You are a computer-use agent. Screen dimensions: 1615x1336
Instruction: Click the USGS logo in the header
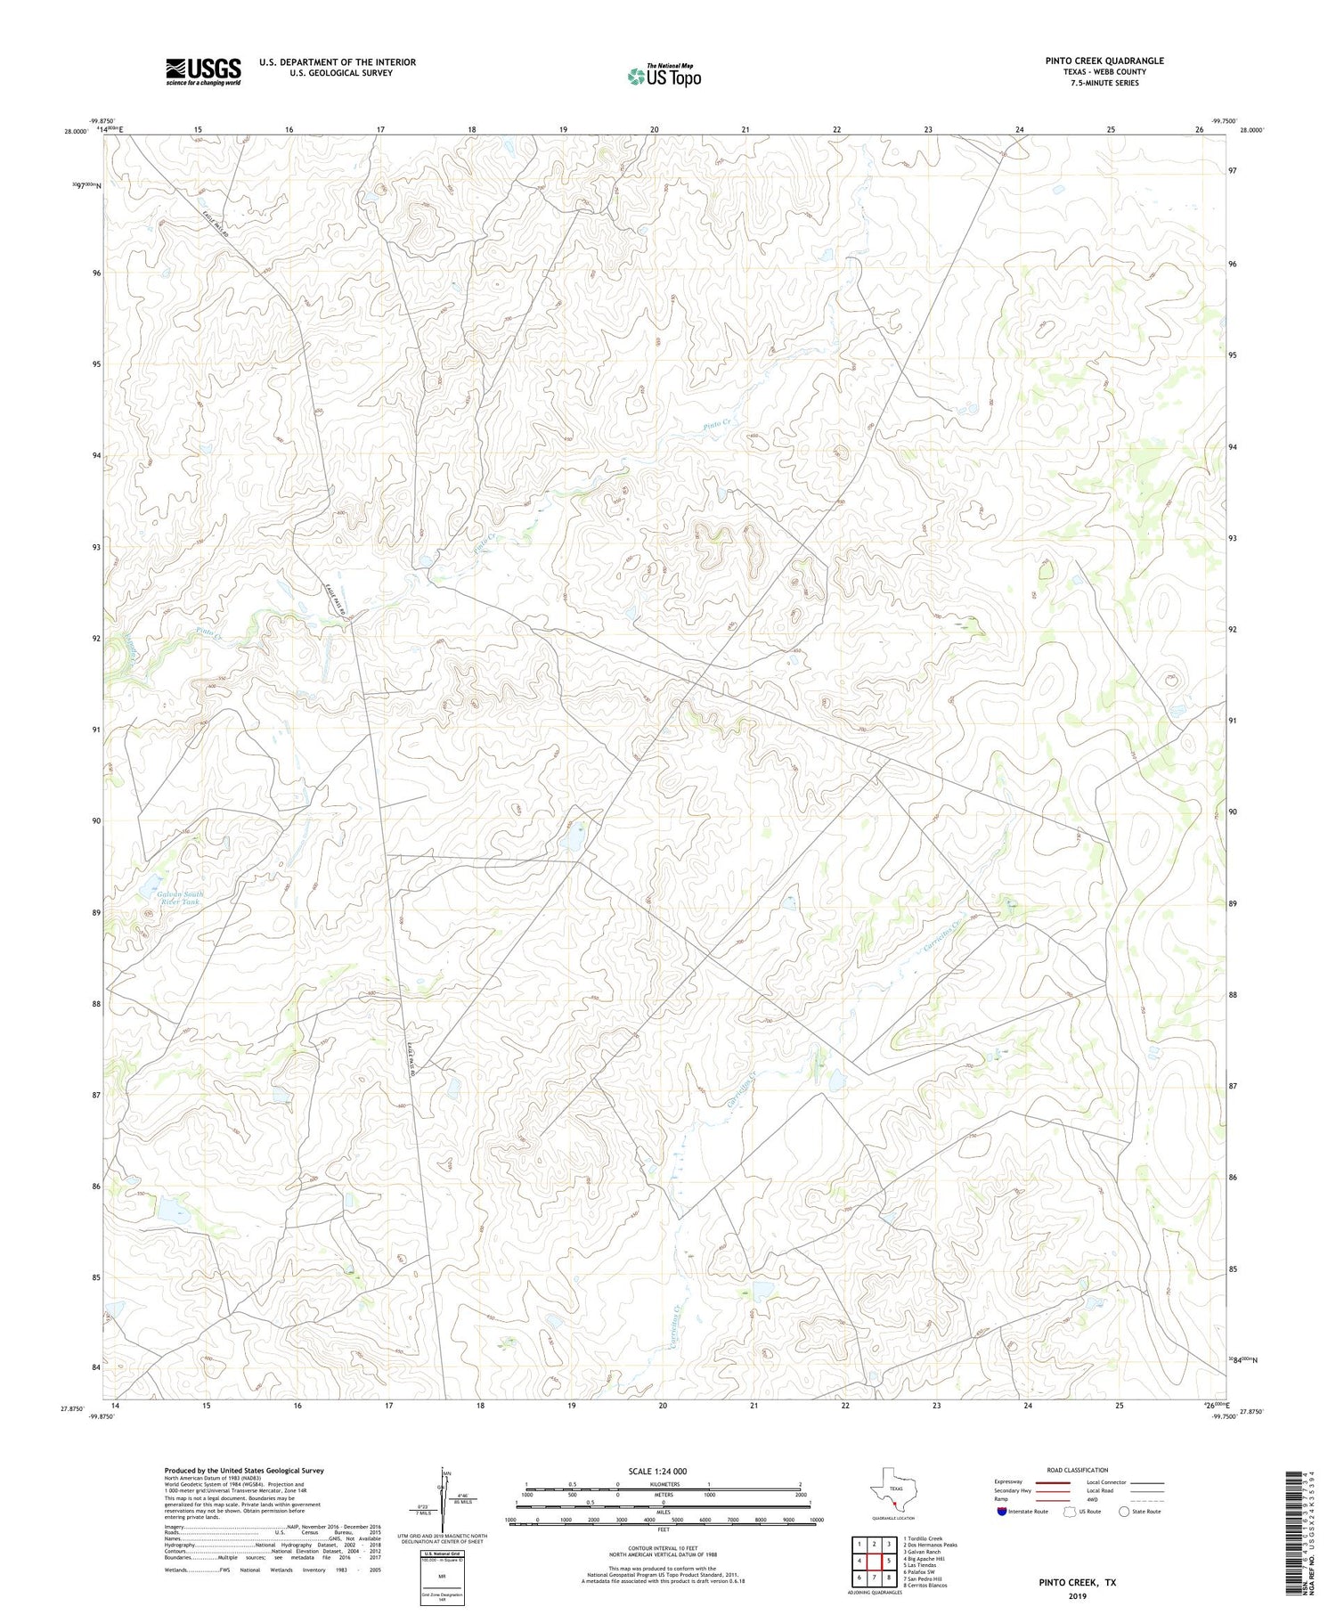point(203,71)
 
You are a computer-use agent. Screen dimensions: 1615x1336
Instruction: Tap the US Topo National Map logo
point(664,76)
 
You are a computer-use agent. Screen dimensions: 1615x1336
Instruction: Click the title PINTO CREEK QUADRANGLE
point(1104,61)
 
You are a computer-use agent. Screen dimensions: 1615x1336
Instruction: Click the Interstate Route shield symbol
point(1004,1512)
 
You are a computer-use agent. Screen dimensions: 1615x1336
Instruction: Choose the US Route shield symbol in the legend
point(1070,1512)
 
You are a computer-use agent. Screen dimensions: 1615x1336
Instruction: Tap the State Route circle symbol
point(1124,1512)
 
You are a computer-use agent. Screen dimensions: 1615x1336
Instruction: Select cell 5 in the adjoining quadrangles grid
point(889,1561)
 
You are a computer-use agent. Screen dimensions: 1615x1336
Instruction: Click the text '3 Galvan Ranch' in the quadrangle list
point(922,1552)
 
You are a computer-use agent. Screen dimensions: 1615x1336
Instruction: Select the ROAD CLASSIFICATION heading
point(1078,1470)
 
